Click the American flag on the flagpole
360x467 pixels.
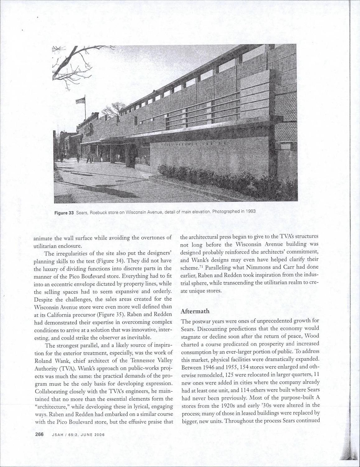coord(80,101)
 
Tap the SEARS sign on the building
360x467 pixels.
coord(89,128)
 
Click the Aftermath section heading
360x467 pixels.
coord(195,311)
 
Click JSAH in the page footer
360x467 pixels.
coord(58,435)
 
